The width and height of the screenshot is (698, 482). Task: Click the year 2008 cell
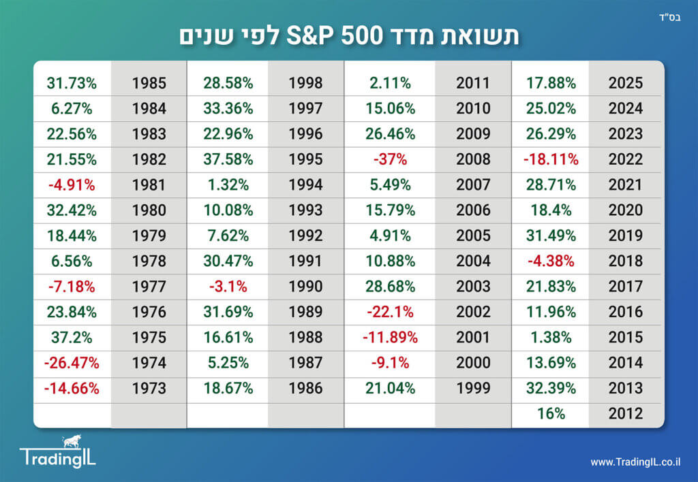[473, 159]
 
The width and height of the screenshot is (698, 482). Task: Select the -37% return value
[391, 159]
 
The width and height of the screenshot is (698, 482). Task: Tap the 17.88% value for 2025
[551, 83]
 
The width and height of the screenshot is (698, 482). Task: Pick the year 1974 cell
[149, 363]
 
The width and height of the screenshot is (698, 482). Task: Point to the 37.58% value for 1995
[228, 159]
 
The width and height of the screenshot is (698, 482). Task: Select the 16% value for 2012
[551, 413]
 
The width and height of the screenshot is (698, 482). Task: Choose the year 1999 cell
[473, 388]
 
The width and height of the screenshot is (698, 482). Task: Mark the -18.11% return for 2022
[551, 159]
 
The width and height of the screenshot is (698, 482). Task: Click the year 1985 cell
[149, 83]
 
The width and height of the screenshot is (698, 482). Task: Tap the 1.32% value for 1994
[228, 184]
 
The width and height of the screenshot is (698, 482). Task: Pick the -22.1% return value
[391, 312]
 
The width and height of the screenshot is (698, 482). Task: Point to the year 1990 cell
[305, 287]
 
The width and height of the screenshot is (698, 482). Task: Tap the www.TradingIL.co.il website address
[635, 462]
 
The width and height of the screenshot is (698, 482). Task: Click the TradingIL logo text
[58, 457]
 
